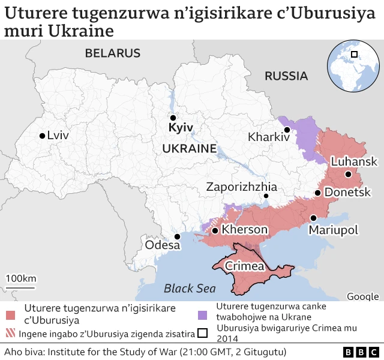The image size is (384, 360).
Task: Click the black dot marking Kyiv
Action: (x=173, y=118)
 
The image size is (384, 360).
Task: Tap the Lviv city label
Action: (x=58, y=136)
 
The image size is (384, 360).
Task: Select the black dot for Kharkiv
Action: (x=287, y=130)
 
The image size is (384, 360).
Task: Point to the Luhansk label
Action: (x=354, y=161)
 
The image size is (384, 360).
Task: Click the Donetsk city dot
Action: (x=317, y=193)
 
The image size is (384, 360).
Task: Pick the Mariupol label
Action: (x=333, y=230)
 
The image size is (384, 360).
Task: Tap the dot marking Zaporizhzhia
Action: (x=266, y=196)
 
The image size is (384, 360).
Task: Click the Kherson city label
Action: (x=245, y=230)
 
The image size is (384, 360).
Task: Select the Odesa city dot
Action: (x=177, y=236)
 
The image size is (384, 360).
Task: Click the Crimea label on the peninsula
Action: (x=245, y=266)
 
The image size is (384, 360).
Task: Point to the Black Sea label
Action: (x=190, y=288)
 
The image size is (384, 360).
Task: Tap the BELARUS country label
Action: (x=113, y=53)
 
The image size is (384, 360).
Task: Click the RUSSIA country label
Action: (x=286, y=76)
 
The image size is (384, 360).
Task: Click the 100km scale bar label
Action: (x=21, y=278)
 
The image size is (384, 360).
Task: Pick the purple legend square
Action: (x=203, y=315)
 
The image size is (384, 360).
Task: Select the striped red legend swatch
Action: (x=10, y=334)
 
